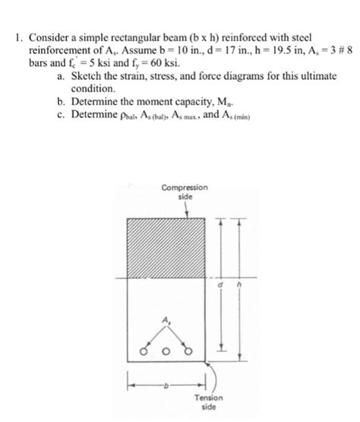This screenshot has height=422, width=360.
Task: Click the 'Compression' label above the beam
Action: (x=178, y=187)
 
